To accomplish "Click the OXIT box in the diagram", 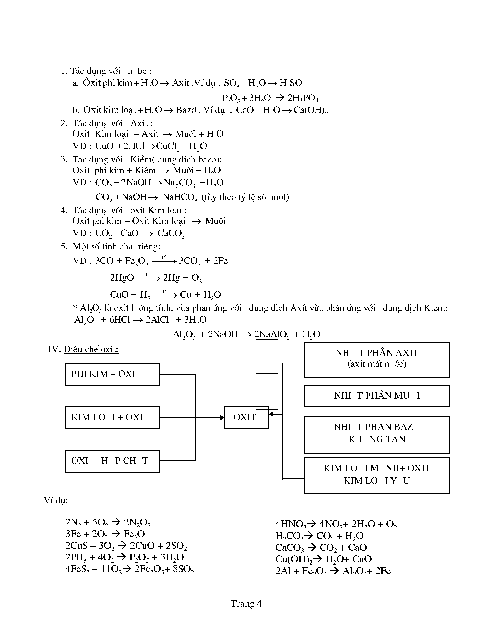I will [x=246, y=417].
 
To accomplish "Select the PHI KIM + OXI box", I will [x=112, y=374].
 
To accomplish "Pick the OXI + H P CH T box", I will [x=112, y=461].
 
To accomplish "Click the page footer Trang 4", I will [x=246, y=604].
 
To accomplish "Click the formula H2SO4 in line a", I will [x=292, y=84].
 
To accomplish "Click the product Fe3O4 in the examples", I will [x=136, y=534].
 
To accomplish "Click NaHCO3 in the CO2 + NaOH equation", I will [x=180, y=197].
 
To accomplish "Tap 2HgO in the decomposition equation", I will [x=122, y=277].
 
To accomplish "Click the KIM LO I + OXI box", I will [x=112, y=417].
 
